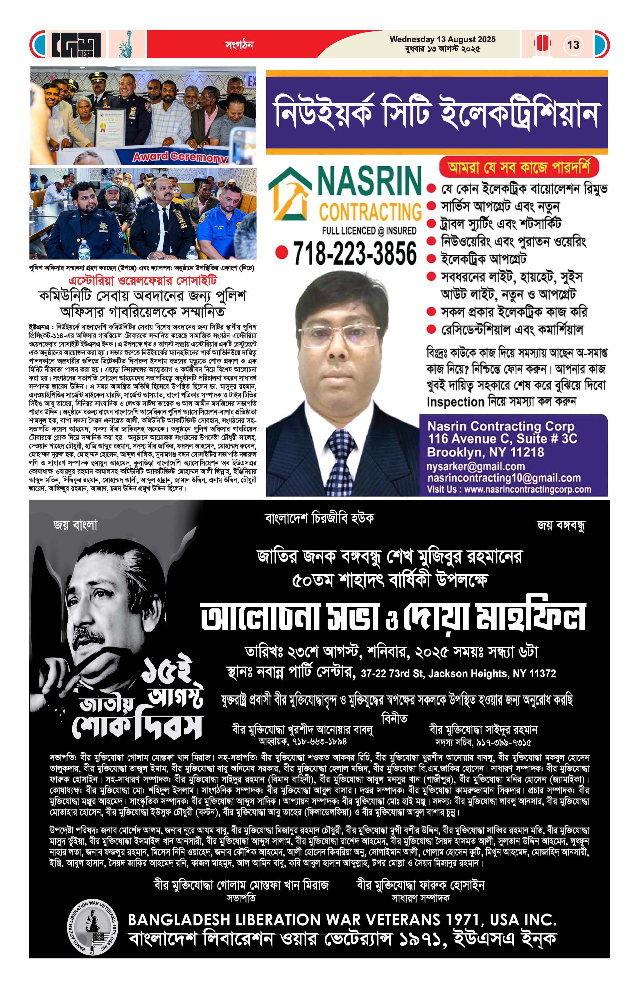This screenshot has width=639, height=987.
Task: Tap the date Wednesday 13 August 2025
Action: [x=442, y=39]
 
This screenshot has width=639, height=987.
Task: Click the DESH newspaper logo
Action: [x=77, y=44]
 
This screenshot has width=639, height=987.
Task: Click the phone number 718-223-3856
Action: [x=355, y=253]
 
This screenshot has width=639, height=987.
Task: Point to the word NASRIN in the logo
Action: [x=369, y=181]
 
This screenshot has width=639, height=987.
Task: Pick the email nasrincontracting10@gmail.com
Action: [x=504, y=478]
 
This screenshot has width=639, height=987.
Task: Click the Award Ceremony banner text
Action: [x=180, y=157]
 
